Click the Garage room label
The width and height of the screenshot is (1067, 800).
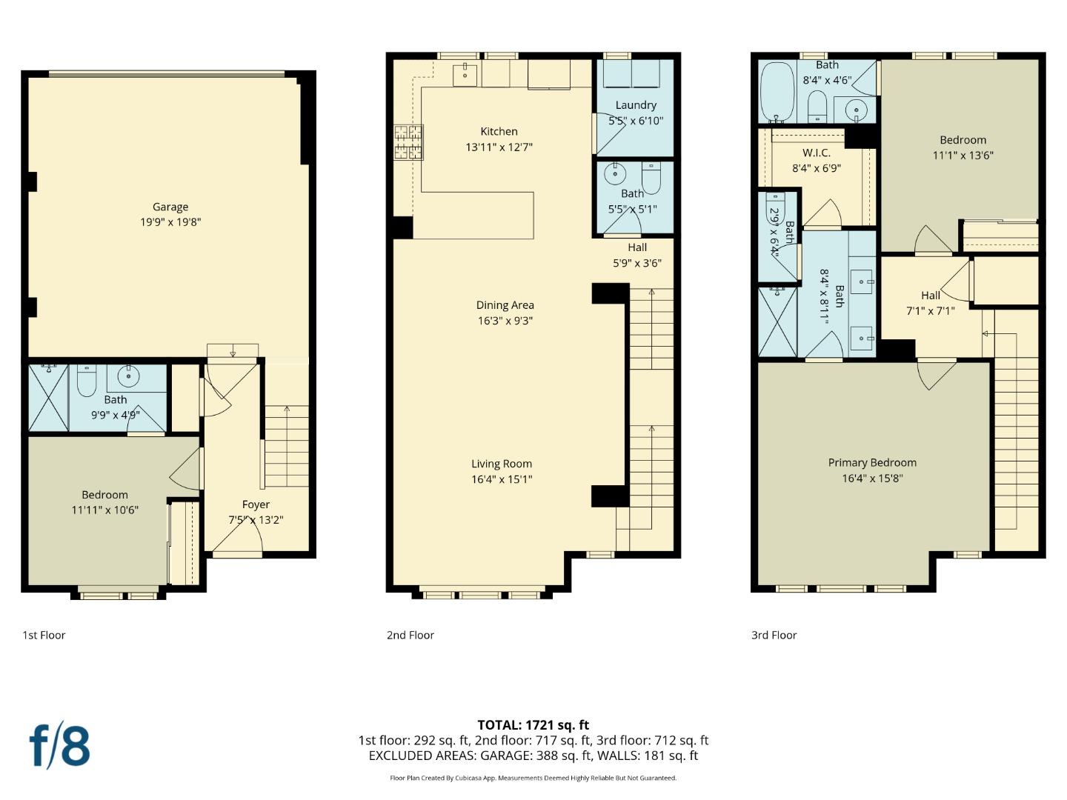tap(170, 207)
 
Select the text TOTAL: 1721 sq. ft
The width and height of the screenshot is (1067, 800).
tap(533, 725)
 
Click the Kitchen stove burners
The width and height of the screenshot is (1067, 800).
tap(408, 142)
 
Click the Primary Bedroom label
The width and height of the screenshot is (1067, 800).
tap(872, 463)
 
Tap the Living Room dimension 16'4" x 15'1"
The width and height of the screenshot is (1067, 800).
tap(502, 479)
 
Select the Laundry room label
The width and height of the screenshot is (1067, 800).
tap(636, 105)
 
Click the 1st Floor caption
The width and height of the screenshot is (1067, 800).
tap(44, 635)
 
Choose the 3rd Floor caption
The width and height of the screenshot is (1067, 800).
tap(774, 635)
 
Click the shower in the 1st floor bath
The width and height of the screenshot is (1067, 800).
tap(48, 397)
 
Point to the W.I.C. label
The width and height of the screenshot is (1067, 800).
tap(816, 153)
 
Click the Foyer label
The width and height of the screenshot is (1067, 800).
tap(256, 504)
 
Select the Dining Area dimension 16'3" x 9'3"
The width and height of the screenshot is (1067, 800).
tap(505, 321)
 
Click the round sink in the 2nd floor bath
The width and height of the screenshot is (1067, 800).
tap(614, 175)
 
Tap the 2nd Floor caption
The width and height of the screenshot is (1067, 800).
tap(410, 635)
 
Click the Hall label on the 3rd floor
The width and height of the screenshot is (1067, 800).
tap(930, 296)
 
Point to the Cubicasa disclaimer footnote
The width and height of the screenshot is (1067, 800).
tap(533, 778)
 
